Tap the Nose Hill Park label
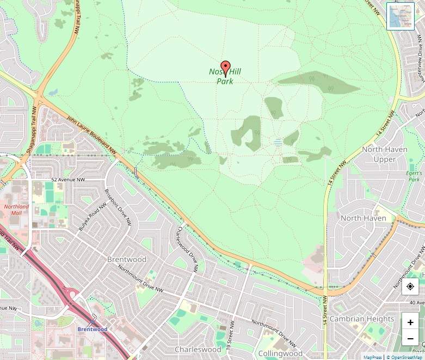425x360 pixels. [x=225, y=77]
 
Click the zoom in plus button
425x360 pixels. [x=410, y=322]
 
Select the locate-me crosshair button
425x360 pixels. [x=410, y=286]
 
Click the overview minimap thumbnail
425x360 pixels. [x=400, y=16]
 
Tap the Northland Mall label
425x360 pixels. [x=16, y=210]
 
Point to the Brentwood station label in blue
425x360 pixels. [x=92, y=330]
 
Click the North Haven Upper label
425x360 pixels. [x=384, y=154]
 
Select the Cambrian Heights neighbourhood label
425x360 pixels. [x=362, y=319]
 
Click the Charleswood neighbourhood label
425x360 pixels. [x=198, y=349]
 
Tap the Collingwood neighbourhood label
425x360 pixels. [x=280, y=353]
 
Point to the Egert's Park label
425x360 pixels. [x=414, y=176]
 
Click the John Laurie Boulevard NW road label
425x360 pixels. [x=92, y=133]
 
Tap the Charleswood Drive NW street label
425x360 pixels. [x=186, y=248]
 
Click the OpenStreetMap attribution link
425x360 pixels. [x=406, y=357]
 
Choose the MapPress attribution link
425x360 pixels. [x=373, y=357]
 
